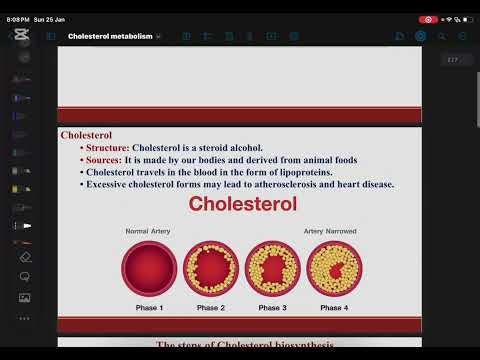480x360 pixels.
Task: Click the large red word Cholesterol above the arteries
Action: point(243,206)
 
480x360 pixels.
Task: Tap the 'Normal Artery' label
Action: point(148,231)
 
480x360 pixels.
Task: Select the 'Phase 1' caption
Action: point(148,308)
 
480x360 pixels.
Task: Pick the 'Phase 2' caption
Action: point(210,308)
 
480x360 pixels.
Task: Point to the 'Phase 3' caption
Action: point(272,308)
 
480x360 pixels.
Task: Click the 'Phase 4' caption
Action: point(333,308)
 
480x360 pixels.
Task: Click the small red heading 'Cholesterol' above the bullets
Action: point(86,134)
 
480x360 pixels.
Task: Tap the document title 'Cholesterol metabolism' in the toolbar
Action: point(110,36)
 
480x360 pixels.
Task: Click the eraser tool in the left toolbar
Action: point(25,256)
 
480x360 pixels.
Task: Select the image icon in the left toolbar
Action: point(25,298)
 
